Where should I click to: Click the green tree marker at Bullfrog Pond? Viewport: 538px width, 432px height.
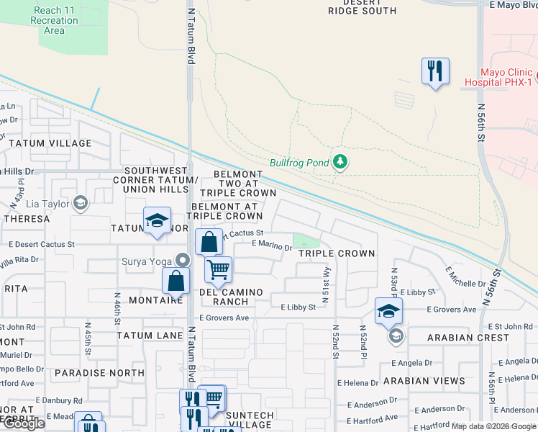pos(340,163)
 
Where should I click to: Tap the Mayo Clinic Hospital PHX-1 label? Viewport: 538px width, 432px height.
pos(507,78)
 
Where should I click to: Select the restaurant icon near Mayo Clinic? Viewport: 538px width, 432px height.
pos(435,71)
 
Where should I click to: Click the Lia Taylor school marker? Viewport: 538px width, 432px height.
pos(81,204)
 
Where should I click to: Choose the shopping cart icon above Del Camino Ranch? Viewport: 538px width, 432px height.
pos(218,270)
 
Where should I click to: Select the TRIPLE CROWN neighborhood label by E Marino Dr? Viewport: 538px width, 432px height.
pos(337,253)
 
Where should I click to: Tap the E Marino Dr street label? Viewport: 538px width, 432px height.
pos(272,246)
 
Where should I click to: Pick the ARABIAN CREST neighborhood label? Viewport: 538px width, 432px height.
pos(468,338)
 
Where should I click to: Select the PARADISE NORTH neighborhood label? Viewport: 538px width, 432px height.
pos(99,373)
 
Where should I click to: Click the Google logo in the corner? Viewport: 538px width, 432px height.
pos(24,423)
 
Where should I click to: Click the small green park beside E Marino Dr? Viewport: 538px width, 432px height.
pos(305,240)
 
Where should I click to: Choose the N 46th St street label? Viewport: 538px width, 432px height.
pos(117,305)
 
